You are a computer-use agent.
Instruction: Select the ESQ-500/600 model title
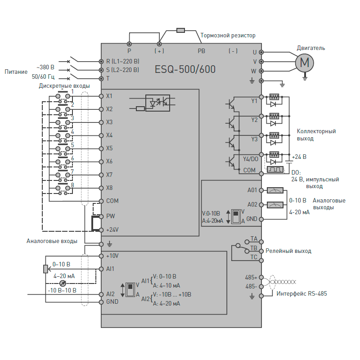(x=185, y=69)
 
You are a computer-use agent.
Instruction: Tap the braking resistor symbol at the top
(x=180, y=30)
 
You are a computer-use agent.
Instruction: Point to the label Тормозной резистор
(x=228, y=35)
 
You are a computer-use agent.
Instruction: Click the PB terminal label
(x=201, y=51)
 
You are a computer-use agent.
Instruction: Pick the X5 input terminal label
(x=109, y=148)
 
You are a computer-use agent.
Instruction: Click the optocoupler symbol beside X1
(x=157, y=103)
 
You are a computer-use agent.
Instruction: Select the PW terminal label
(x=110, y=216)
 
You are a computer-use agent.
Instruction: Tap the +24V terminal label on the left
(x=112, y=230)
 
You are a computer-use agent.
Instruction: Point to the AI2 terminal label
(x=110, y=294)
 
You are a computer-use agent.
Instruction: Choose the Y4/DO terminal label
(x=250, y=159)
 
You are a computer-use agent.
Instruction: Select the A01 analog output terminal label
(x=252, y=190)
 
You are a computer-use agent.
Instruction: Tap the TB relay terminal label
(x=254, y=248)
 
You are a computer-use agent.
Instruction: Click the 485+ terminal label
(x=251, y=277)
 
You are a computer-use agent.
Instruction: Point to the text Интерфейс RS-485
(x=301, y=294)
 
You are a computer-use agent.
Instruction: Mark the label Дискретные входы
(x=64, y=85)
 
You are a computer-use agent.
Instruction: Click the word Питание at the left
(x=16, y=72)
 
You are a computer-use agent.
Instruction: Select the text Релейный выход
(x=288, y=251)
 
